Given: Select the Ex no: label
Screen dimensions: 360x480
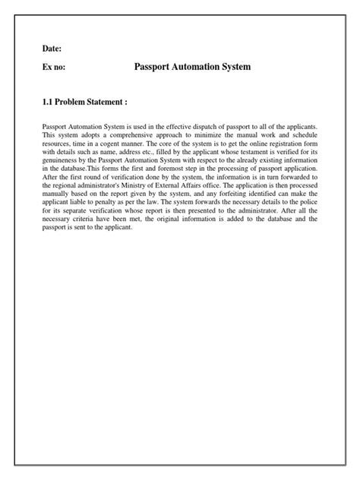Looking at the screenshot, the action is (53, 68).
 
